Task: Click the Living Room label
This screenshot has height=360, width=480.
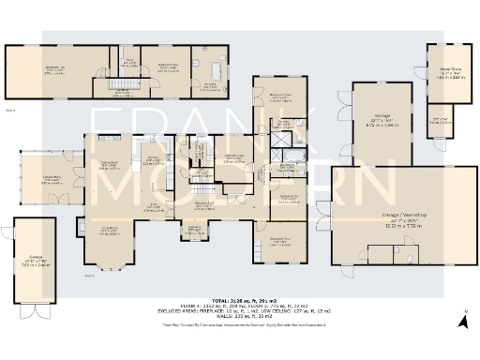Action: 109,232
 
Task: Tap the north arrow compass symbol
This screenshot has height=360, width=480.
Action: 463,322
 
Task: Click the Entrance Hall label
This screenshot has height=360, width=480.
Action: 205,207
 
